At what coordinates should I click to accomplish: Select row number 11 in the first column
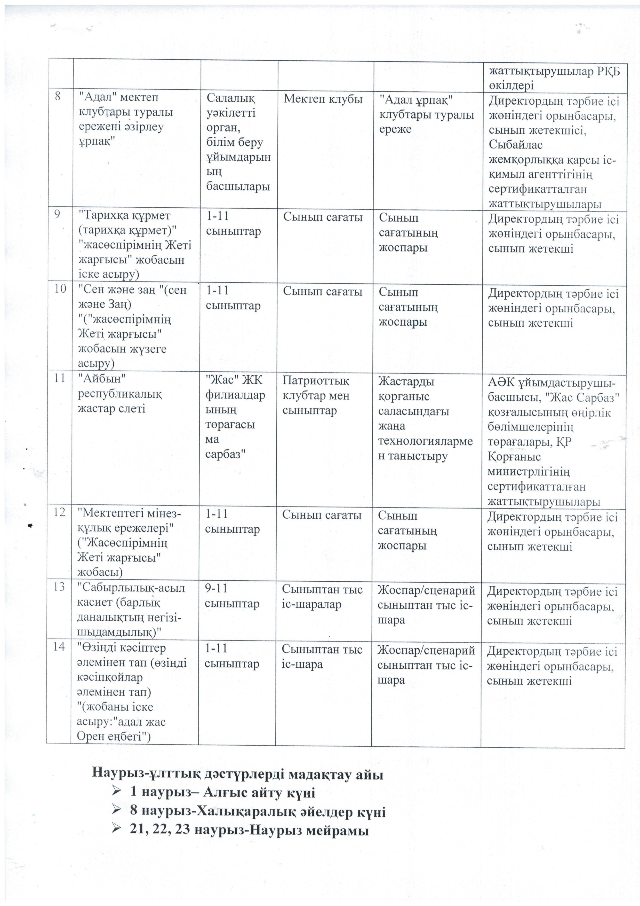[60, 378]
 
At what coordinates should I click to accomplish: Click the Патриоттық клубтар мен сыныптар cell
[316, 395]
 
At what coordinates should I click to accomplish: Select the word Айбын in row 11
[102, 378]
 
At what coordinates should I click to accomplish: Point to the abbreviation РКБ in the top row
[603, 72]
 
